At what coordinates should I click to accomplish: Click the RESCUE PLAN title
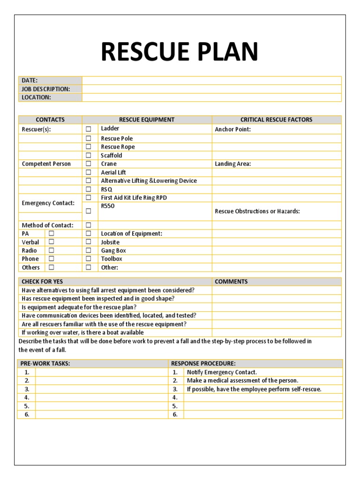(x=180, y=52)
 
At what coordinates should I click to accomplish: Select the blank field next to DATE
(x=211, y=81)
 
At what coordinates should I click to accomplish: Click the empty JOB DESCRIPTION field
(x=211, y=89)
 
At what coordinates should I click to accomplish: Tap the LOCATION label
(x=36, y=97)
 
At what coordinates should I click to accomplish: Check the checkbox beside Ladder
(x=88, y=129)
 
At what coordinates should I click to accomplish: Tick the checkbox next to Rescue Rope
(x=88, y=147)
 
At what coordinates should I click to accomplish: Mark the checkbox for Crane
(x=88, y=164)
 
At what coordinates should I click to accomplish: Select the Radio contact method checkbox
(x=52, y=250)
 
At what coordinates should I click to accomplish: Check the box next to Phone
(x=52, y=259)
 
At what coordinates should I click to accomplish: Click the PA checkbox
(x=52, y=233)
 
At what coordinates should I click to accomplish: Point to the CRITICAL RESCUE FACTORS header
(x=276, y=120)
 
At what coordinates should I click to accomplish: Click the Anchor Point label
(x=232, y=129)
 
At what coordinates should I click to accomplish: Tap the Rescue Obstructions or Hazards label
(x=257, y=211)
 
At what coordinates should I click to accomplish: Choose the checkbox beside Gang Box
(x=88, y=250)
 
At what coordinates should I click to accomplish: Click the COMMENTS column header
(x=231, y=282)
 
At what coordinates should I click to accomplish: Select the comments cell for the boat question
(x=276, y=332)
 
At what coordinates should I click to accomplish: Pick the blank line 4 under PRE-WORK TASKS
(x=101, y=397)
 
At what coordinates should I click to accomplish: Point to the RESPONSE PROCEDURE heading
(x=203, y=363)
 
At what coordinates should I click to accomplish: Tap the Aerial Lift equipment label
(x=113, y=172)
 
